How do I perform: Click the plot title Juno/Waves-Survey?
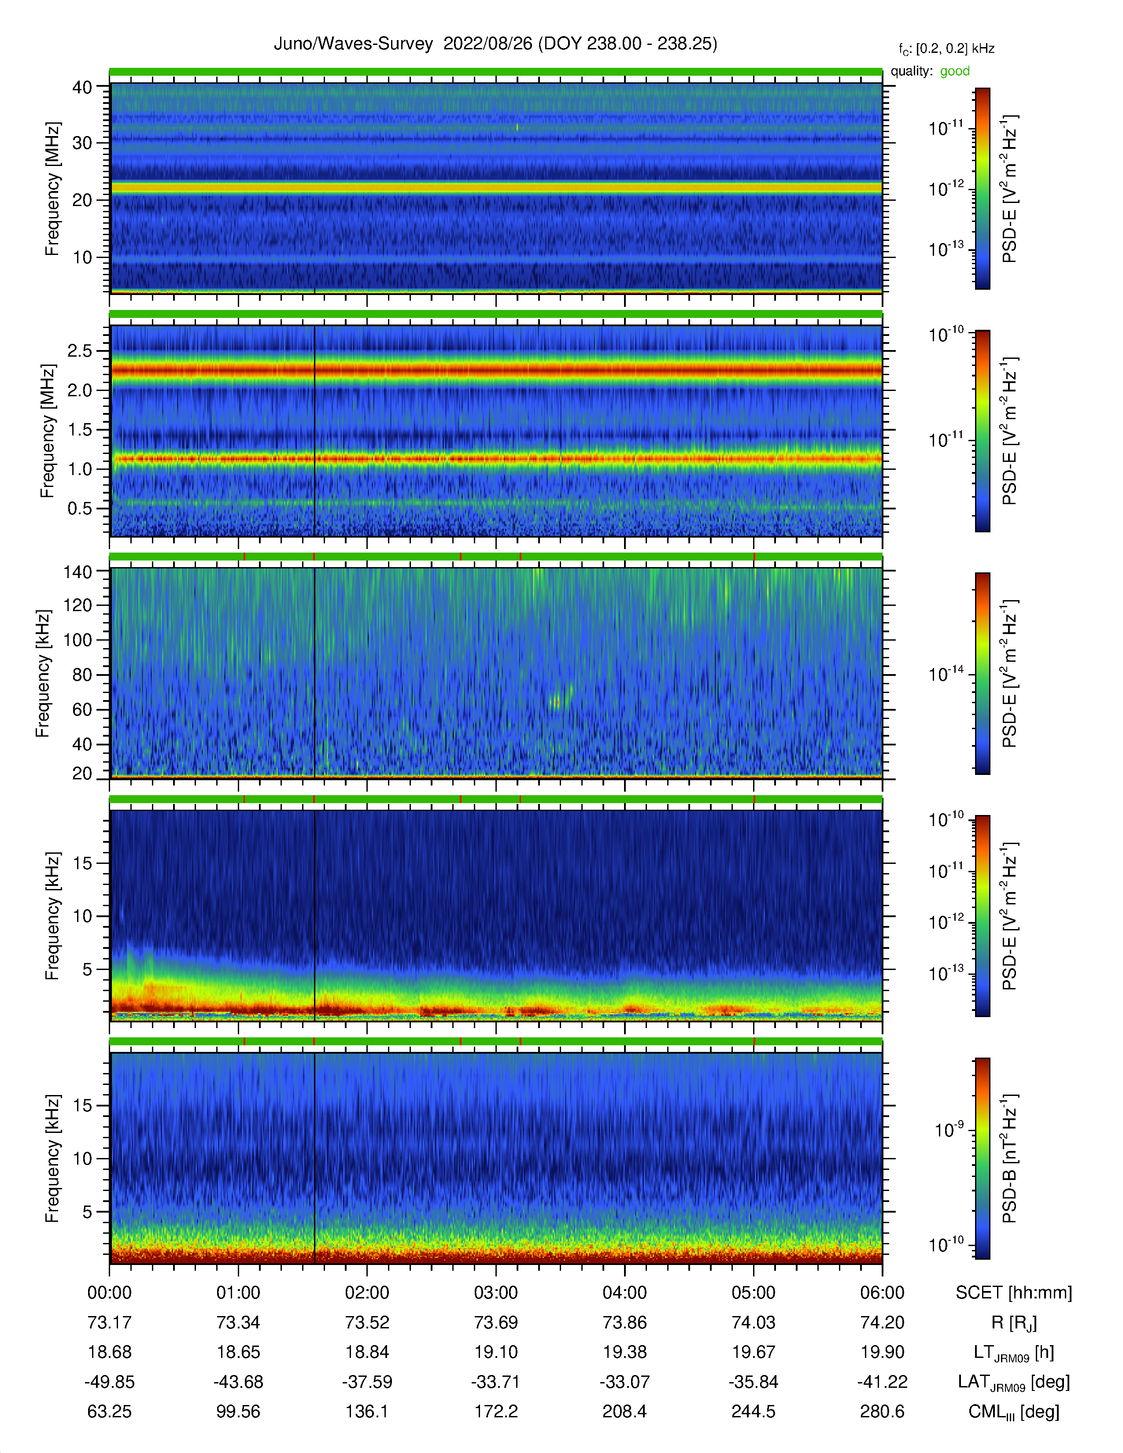tap(353, 44)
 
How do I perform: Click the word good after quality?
tap(955, 71)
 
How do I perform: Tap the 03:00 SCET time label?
tap(495, 1293)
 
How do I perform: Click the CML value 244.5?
tap(753, 1411)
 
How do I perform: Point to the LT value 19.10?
tap(495, 1352)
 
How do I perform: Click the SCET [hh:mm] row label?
tap(1014, 1293)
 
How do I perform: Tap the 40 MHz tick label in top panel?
tap(82, 87)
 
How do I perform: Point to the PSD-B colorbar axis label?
tap(1009, 1158)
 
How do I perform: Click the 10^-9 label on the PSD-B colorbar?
tap(949, 1129)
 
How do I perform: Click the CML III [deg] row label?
tap(1014, 1412)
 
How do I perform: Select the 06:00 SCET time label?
tap(882, 1293)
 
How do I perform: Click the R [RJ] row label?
tap(1014, 1323)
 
